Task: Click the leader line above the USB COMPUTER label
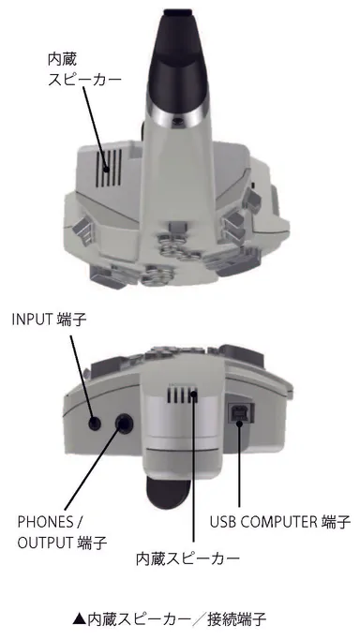[x=241, y=469]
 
